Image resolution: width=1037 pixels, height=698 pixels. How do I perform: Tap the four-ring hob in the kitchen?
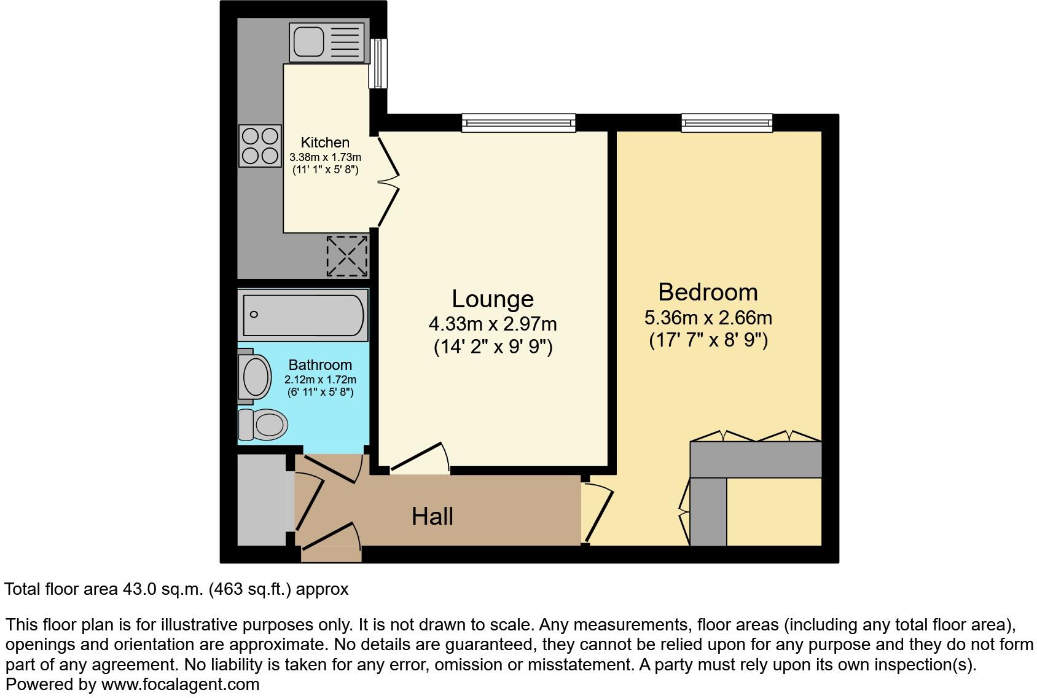tap(260, 146)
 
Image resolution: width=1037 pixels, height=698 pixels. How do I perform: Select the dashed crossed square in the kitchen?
tap(347, 256)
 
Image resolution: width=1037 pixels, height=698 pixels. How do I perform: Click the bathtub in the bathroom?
tap(303, 315)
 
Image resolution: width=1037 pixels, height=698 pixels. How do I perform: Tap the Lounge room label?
tap(493, 299)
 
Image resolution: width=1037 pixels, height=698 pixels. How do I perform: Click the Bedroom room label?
tap(708, 292)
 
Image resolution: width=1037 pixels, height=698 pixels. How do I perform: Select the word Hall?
tap(432, 517)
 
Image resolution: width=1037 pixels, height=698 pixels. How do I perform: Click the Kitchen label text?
tap(325, 143)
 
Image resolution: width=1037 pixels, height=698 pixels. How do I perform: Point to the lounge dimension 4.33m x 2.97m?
tap(493, 323)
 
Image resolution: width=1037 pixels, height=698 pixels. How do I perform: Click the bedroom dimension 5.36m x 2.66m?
tap(708, 318)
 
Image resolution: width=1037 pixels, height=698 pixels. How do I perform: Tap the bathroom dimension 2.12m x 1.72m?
tap(320, 380)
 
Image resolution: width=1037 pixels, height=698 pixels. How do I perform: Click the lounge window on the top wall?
tap(519, 123)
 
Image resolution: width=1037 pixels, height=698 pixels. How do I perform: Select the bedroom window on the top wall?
tap(727, 123)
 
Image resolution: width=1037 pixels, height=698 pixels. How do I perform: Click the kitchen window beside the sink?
tap(379, 63)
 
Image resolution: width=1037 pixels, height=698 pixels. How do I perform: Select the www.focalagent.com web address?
tap(180, 684)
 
